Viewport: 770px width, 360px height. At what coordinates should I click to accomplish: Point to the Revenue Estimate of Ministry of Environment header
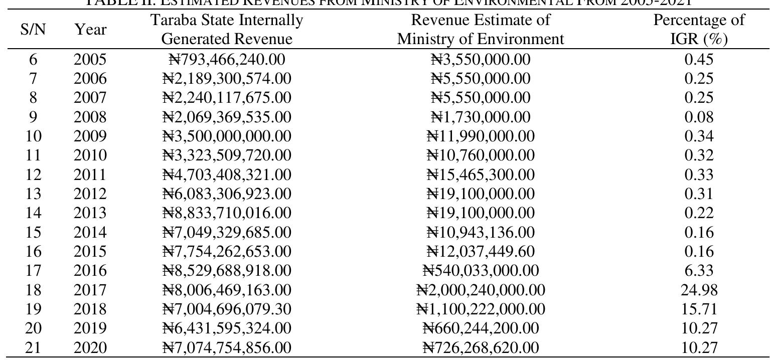(x=481, y=30)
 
